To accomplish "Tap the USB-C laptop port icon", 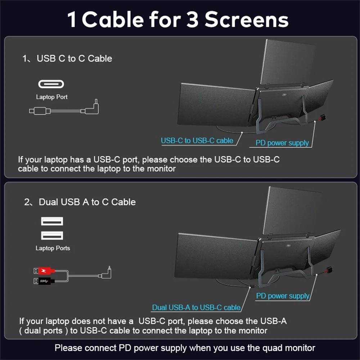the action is [x=51, y=84].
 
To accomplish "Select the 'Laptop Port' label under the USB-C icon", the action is [x=51, y=97].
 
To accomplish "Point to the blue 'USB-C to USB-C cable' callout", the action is [x=197, y=140].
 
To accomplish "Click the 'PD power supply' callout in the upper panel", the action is [x=282, y=143].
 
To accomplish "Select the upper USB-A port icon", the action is [x=52, y=221].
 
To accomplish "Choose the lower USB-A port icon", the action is [x=52, y=235].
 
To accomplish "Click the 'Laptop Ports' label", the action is [x=53, y=248].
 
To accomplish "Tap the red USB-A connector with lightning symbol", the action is [x=44, y=271].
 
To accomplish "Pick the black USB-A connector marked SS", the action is [x=44, y=281].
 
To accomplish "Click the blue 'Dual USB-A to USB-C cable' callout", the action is [x=196, y=307].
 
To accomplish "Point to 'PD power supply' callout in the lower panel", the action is [x=283, y=296].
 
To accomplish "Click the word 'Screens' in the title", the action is [x=246, y=20].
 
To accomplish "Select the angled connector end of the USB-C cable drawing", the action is [x=94, y=108].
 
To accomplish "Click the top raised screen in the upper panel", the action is [x=288, y=62].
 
